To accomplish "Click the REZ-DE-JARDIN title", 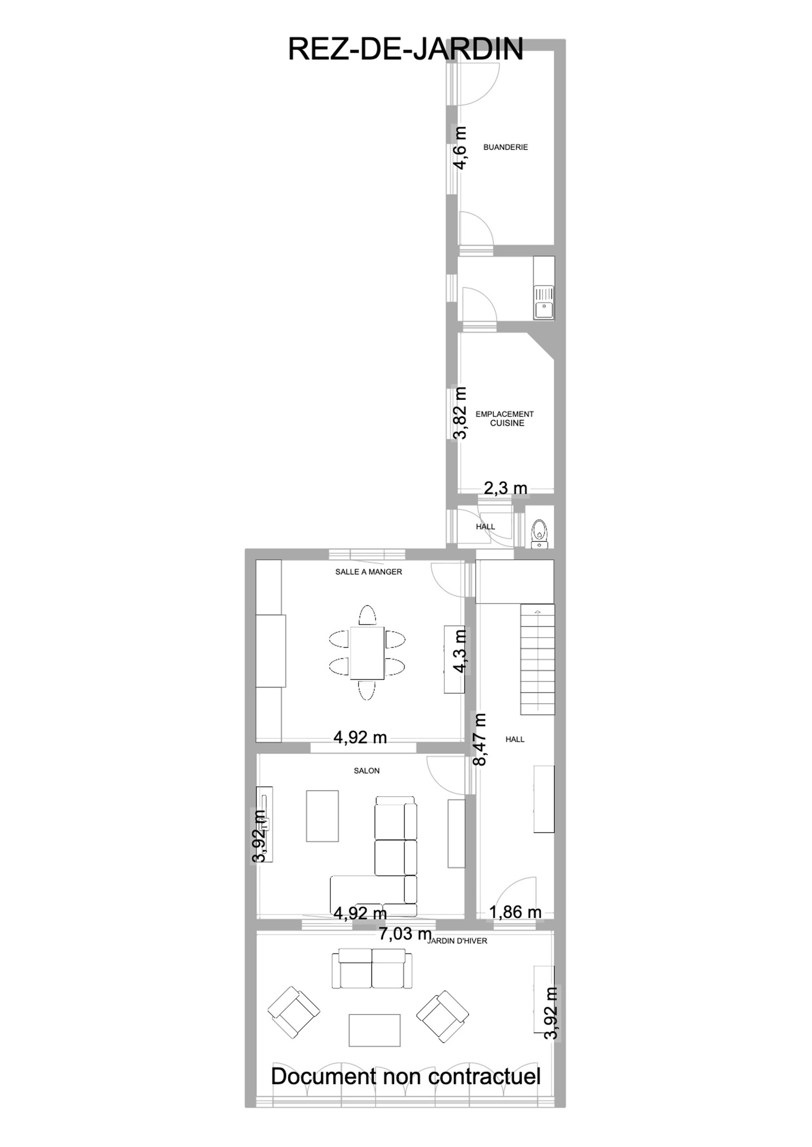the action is [x=406, y=49].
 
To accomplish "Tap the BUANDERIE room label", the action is [x=505, y=147].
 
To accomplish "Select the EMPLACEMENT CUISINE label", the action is [x=505, y=419].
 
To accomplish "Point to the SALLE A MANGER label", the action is [x=369, y=572].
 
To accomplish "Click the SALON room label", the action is [x=367, y=771].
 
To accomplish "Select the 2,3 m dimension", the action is [x=505, y=488].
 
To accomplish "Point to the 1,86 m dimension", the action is [x=515, y=912].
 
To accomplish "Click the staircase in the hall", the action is [x=538, y=659].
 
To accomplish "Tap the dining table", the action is [x=367, y=653].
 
